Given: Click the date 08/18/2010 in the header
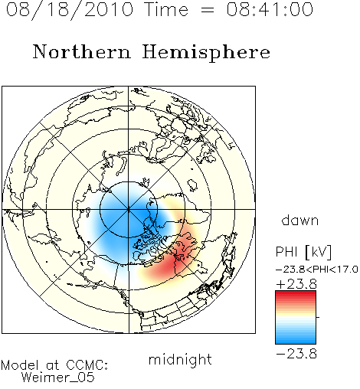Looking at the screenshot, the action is click(x=70, y=9).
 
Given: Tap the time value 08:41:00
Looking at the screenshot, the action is click(x=270, y=9).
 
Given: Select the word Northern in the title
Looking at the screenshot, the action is click(x=82, y=51).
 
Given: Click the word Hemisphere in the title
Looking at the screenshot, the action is click(x=206, y=52).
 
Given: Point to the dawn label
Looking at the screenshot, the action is click(x=300, y=220).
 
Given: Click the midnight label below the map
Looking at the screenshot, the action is click(x=180, y=360).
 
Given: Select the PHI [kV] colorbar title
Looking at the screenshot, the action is click(x=303, y=252).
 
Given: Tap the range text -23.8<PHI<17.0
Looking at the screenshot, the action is click(x=317, y=269).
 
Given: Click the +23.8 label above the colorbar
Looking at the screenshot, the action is click(x=296, y=284).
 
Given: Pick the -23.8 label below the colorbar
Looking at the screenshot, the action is click(x=296, y=354).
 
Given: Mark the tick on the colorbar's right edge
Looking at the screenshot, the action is click(x=318, y=317).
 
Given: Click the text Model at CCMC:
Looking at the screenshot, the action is click(x=54, y=365).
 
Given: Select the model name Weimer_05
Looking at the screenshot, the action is click(x=57, y=378).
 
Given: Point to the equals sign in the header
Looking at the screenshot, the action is click(x=207, y=10).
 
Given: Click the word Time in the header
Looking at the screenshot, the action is click(x=166, y=9).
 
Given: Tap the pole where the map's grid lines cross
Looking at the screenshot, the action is click(x=129, y=209).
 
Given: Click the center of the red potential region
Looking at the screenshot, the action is click(x=176, y=258).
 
